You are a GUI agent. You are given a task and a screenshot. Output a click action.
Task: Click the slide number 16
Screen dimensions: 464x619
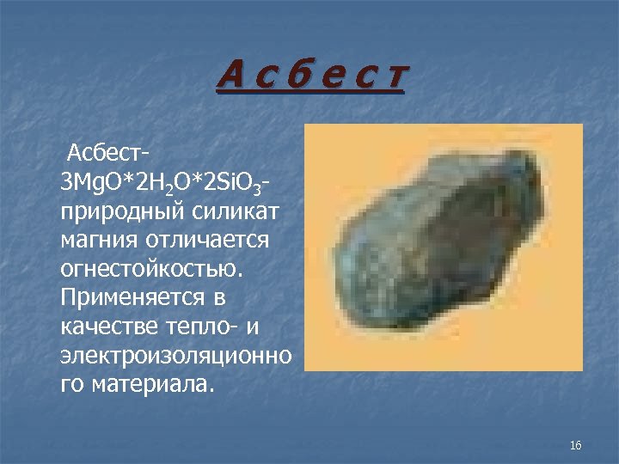click(576, 444)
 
